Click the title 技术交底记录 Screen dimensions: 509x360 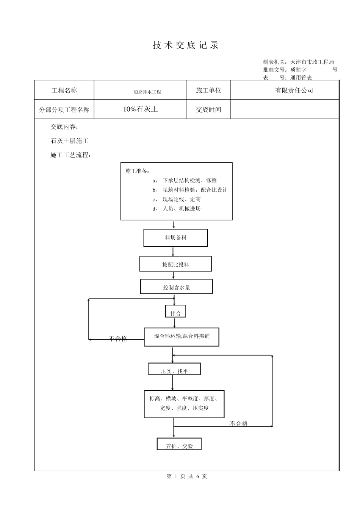[x=186, y=45]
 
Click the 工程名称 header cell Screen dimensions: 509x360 [x=64, y=91]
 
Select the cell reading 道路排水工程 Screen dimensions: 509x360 [x=147, y=92]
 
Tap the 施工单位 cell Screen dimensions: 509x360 [x=208, y=91]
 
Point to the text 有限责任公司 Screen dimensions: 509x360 [x=294, y=91]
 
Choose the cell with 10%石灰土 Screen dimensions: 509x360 [x=140, y=109]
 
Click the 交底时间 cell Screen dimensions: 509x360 [x=208, y=110]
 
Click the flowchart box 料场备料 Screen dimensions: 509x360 [x=175, y=238]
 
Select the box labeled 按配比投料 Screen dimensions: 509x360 [x=175, y=264]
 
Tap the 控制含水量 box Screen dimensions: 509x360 [x=177, y=287]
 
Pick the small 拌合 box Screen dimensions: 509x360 [x=175, y=313]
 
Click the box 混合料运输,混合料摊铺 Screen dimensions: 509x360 [x=182, y=336]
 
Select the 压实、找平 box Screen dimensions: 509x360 [x=174, y=371]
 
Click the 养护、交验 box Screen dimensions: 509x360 [x=179, y=446]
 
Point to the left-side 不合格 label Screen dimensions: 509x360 [x=118, y=339]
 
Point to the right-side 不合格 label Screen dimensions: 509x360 [x=239, y=423]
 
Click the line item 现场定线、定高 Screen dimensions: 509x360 [x=182, y=199]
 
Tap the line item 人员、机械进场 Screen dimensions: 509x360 [x=182, y=209]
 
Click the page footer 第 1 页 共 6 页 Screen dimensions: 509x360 [x=187, y=476]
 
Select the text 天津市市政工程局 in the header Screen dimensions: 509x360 [x=312, y=62]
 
